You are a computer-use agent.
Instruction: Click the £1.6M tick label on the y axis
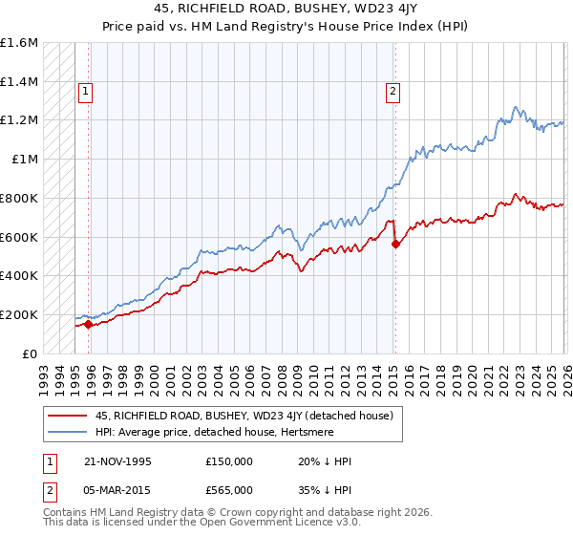19,43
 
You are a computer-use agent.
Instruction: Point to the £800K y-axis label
19,199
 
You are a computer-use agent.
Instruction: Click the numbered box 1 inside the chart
85,92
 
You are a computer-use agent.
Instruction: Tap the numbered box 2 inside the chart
393,92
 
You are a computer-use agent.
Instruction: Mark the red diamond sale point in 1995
89,324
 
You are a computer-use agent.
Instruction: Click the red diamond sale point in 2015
394,244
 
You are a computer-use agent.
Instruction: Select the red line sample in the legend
67,416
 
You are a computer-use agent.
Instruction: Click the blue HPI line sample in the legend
67,432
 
